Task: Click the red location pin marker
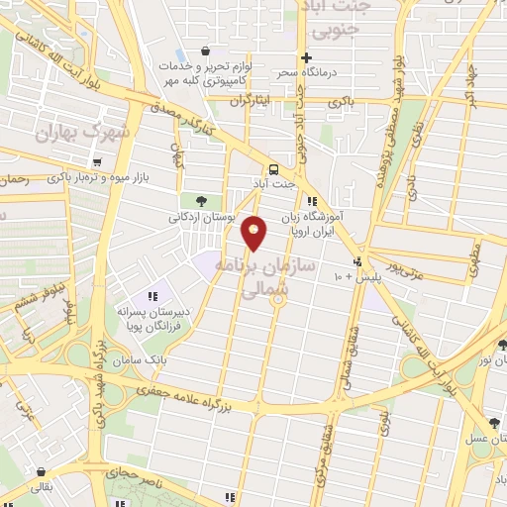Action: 254,233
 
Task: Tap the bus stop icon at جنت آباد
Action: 274,167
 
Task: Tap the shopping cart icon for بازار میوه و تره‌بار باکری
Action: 96,161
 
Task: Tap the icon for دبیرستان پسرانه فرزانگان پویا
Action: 152,295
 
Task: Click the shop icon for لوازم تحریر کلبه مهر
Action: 204,51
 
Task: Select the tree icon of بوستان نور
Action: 502,346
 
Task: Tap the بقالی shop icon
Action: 41,473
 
